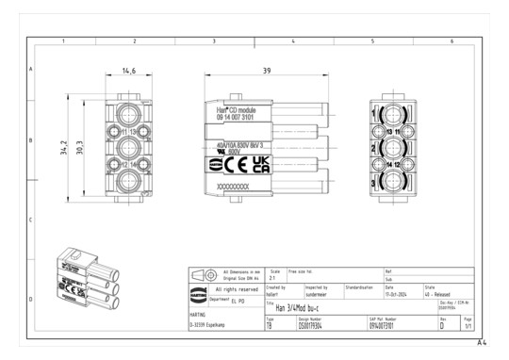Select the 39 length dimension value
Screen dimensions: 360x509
268,71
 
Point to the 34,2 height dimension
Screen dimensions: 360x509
63,147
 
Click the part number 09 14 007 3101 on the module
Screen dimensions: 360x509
229,119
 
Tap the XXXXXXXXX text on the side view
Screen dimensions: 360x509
234,187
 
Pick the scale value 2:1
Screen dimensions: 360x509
271,278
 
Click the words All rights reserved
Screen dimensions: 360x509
236,288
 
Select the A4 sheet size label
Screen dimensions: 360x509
482,342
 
